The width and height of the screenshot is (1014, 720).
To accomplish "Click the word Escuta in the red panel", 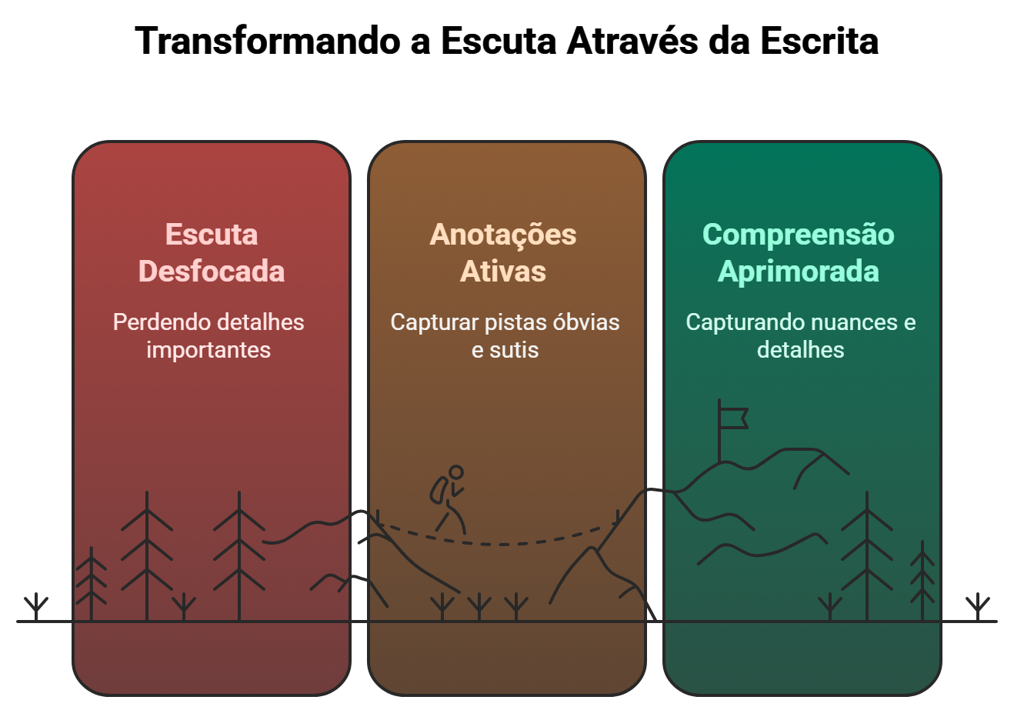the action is tap(212, 235).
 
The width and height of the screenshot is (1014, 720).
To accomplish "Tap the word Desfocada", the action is tap(212, 272).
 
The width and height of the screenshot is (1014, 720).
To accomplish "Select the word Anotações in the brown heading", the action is tap(503, 235).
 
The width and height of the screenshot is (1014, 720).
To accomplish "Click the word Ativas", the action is tap(503, 272).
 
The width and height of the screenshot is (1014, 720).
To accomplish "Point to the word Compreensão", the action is tap(799, 235).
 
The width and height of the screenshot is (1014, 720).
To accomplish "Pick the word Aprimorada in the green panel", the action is tap(799, 272).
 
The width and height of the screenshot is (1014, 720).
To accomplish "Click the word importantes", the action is tap(208, 350).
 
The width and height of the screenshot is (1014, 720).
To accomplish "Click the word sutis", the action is tap(515, 350).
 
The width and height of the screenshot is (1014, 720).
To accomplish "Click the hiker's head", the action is tap(456, 472).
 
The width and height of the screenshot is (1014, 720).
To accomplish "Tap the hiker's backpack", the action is tap(439, 490).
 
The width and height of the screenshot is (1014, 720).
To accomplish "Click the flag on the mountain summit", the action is tap(733, 418).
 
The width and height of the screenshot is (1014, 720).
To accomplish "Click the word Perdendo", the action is tap(156, 322).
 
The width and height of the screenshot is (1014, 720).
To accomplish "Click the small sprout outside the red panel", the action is tap(36, 606).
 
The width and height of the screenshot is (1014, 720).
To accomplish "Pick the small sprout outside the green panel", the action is tap(978, 606).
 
